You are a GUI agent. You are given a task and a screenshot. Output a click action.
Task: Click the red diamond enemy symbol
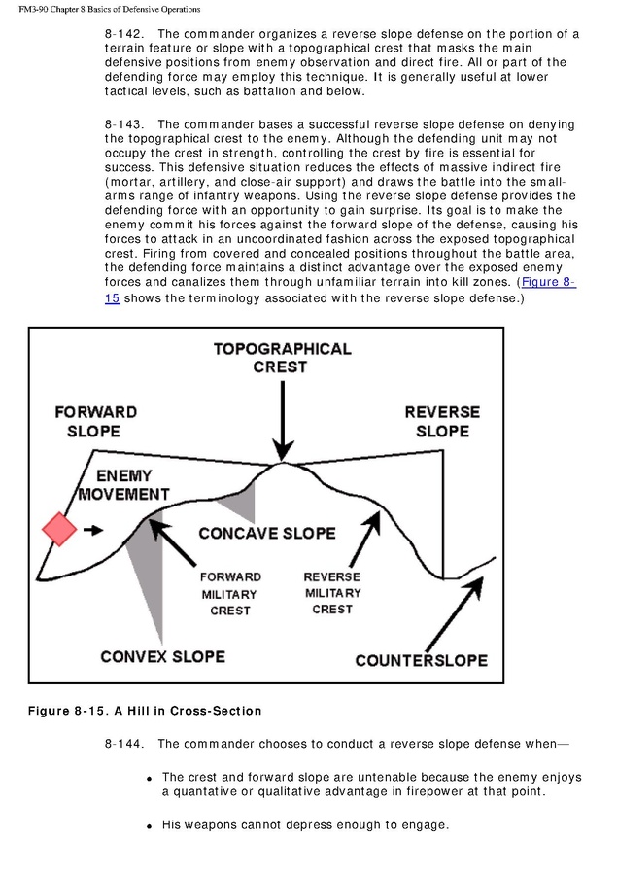[59, 529]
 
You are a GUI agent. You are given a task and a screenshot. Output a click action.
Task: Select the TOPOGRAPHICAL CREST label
[282, 358]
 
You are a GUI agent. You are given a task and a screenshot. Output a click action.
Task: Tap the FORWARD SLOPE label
[94, 421]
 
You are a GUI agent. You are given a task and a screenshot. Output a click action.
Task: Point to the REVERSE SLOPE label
[442, 421]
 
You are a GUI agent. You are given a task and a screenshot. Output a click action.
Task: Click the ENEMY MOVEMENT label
[123, 484]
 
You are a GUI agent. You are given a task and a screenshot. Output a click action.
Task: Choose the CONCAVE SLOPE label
[267, 533]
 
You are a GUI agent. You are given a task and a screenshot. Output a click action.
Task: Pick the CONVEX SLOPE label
[162, 656]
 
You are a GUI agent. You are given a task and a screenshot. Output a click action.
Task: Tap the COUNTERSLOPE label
[421, 660]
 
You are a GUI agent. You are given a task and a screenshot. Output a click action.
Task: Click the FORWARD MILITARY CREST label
[230, 593]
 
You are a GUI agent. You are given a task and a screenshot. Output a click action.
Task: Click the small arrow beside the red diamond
[94, 530]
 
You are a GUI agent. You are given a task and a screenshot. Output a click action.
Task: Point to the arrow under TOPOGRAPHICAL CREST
[282, 418]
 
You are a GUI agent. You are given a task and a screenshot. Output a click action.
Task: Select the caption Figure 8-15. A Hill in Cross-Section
[132, 711]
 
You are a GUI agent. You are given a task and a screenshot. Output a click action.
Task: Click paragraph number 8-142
[123, 33]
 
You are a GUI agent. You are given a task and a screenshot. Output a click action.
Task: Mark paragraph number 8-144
[123, 744]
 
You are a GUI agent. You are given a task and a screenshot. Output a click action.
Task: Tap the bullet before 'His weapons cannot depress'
[150, 826]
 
